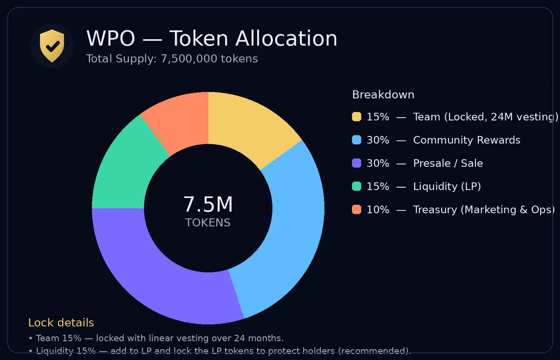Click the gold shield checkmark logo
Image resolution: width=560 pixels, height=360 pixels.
coord(52,46)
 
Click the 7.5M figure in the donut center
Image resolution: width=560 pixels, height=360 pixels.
coord(208,205)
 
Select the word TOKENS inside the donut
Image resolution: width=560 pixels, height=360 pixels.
coord(208,223)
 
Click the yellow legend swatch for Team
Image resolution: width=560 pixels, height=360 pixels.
coord(356,117)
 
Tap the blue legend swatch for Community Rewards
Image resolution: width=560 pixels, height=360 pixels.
coord(356,140)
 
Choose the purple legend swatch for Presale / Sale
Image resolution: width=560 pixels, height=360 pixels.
coord(356,163)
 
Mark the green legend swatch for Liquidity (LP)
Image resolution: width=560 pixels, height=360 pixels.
coord(356,186)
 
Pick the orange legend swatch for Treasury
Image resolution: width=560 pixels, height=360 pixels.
coord(356,210)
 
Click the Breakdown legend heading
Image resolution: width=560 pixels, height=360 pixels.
coord(383,95)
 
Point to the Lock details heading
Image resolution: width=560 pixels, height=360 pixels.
coord(61,323)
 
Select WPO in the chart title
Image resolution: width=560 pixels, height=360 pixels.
coord(111,38)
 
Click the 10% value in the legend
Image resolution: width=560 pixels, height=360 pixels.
coord(377,210)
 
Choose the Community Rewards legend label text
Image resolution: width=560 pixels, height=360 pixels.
coord(467,140)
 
